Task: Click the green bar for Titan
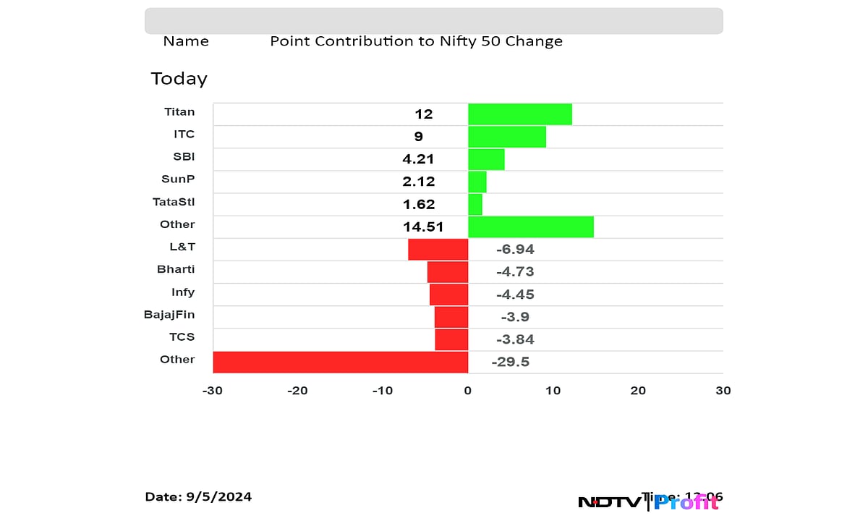point(520,114)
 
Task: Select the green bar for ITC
point(507,137)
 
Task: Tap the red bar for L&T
point(438,250)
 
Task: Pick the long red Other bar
point(341,362)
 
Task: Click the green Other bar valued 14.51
point(531,226)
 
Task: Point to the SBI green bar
point(486,159)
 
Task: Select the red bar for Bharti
point(448,272)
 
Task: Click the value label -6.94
point(515,250)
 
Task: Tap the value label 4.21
point(419,159)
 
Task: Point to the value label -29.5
point(511,362)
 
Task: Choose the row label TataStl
point(174,202)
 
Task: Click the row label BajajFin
point(169,314)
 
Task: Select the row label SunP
point(177,179)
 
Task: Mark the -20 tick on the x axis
point(297,391)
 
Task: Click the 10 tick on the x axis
point(553,391)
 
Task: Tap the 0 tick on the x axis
point(468,391)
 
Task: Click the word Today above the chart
point(179,78)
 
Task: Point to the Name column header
point(186,41)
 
